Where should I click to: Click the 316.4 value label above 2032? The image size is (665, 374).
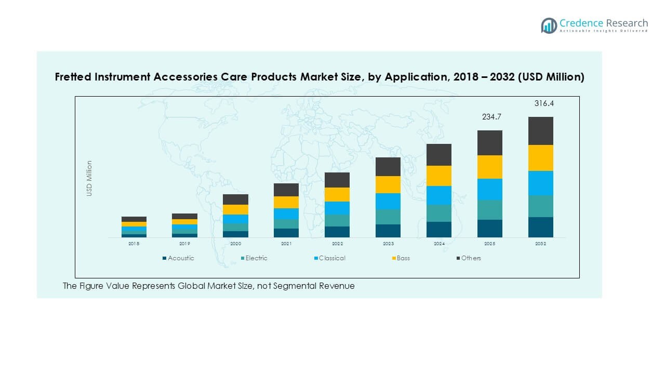pos(544,103)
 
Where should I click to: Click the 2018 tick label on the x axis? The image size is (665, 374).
pos(134,244)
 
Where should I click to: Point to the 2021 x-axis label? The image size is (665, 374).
pos(286,244)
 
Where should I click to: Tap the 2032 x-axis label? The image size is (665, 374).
pos(541,244)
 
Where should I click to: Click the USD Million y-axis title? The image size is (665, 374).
pos(89,178)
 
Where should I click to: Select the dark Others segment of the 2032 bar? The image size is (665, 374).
pos(541,131)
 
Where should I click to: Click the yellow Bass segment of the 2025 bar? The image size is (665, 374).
pos(490,167)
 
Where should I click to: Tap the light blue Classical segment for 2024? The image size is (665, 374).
pos(439,195)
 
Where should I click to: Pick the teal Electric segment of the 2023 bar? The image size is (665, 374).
pos(388,217)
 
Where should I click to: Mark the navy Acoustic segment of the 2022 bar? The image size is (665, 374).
pos(337,232)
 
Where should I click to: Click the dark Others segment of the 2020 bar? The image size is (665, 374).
pos(235,199)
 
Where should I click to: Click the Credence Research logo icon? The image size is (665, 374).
pos(549,25)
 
